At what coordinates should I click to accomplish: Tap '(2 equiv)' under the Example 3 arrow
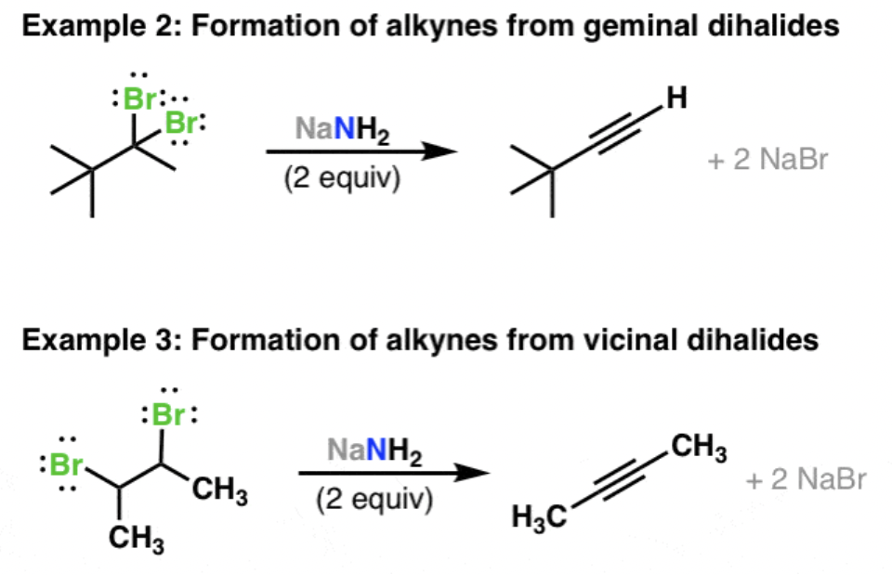click(374, 500)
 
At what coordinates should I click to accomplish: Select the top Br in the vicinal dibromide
click(167, 414)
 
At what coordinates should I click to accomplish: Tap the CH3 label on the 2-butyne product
click(698, 449)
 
